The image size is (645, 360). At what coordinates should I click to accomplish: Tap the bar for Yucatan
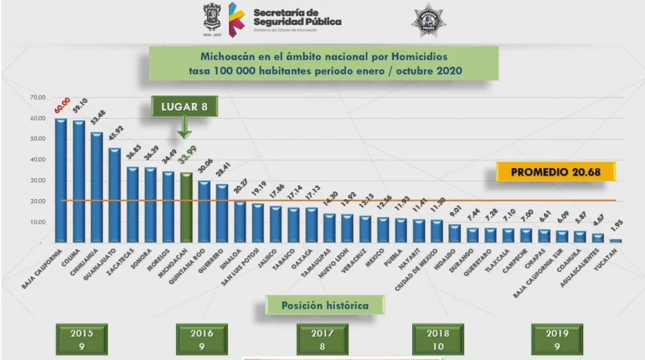click(615, 240)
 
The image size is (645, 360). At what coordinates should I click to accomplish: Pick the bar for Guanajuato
click(115, 194)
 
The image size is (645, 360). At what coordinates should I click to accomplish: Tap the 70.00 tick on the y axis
click(36, 98)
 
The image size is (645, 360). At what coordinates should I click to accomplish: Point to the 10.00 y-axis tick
click(36, 222)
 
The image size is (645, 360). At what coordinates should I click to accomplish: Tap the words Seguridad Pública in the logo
click(297, 21)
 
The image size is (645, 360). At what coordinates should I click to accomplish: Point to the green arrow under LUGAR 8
click(185, 125)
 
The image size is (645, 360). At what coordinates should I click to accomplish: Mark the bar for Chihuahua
click(97, 187)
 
